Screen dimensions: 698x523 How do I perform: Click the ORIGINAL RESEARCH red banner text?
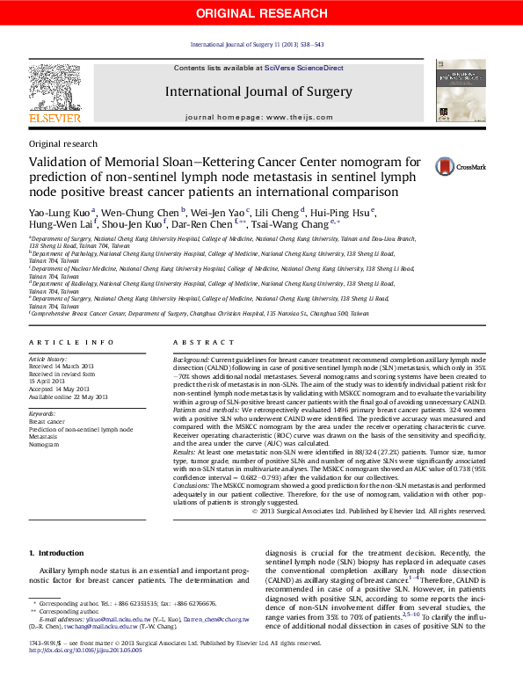[x=261, y=12]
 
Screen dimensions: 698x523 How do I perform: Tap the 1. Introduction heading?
[x=56, y=553]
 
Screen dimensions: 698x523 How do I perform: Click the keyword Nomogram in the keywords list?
[x=43, y=445]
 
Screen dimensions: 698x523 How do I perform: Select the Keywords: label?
[x=43, y=413]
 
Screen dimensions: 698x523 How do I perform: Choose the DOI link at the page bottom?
[x=85, y=676]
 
